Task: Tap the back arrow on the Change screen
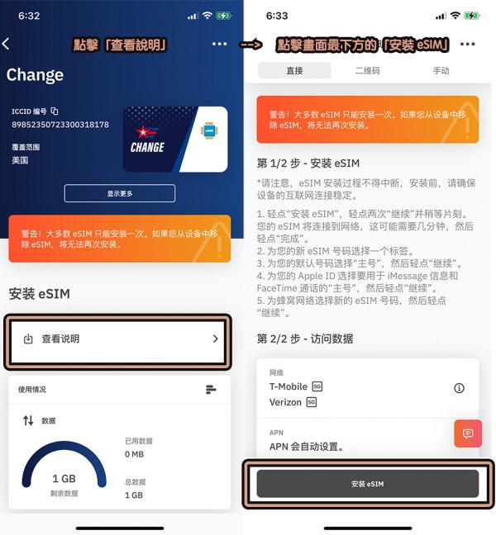(x=6, y=44)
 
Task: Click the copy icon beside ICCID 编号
(x=55, y=111)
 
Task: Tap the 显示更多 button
(x=120, y=193)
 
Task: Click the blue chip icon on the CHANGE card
(x=209, y=130)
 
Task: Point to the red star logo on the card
(x=143, y=132)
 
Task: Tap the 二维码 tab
(x=368, y=71)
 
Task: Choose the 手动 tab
(x=441, y=71)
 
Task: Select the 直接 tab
(x=294, y=71)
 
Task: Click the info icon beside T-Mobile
(x=459, y=388)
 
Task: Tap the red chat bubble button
(x=468, y=433)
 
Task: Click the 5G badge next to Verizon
(x=311, y=402)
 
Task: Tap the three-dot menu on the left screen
(x=219, y=44)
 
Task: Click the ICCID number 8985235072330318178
(x=60, y=125)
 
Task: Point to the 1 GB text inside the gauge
(x=64, y=478)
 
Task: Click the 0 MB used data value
(x=134, y=454)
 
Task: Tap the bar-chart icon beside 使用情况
(x=211, y=390)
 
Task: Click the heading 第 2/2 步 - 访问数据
(x=305, y=339)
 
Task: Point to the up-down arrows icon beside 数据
(x=28, y=420)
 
